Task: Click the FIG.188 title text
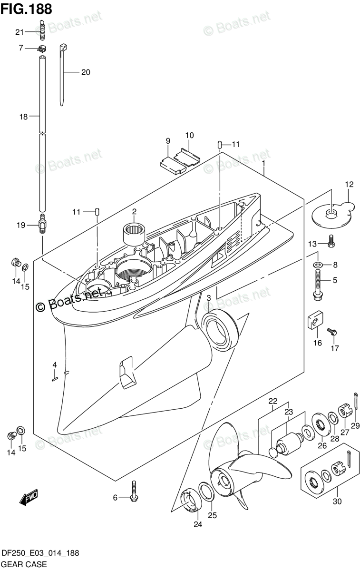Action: click(26, 8)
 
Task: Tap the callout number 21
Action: click(19, 32)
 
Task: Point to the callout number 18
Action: click(22, 116)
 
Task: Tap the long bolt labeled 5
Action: click(317, 284)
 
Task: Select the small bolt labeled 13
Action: click(331, 244)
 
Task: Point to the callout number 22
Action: click(272, 400)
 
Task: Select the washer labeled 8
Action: click(317, 264)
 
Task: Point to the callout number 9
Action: click(168, 140)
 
